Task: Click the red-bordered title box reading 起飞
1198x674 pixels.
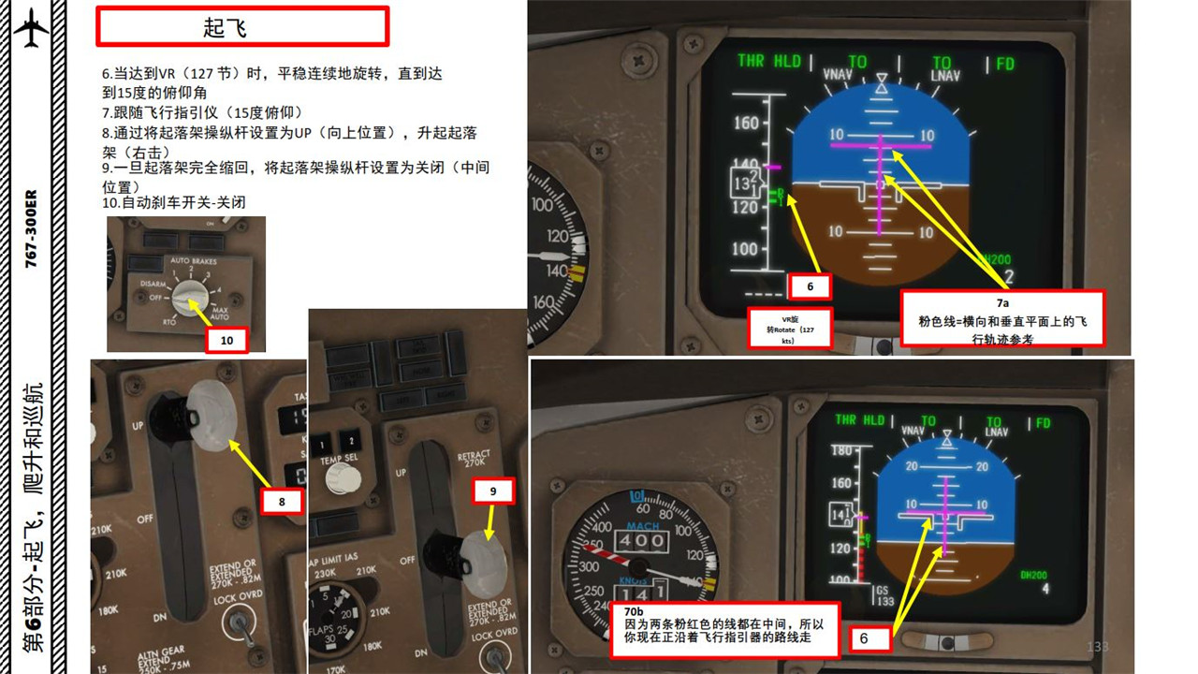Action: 242,26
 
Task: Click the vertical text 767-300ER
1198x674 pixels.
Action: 31,230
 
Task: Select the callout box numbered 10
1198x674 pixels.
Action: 226,340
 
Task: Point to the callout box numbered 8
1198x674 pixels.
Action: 281,502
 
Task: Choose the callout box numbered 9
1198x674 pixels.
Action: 492,490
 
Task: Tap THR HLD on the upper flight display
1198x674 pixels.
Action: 769,61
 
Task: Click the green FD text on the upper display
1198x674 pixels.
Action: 1004,64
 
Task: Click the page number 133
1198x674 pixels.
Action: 1097,647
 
